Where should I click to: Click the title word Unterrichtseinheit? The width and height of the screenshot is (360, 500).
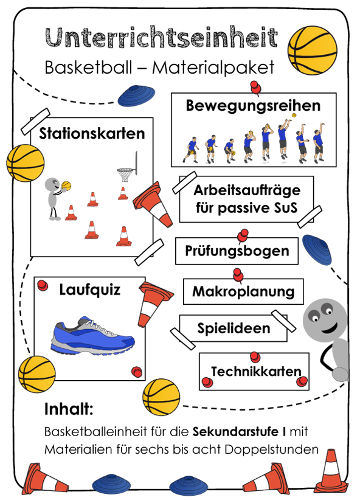(161, 38)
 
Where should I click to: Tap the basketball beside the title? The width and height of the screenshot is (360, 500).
(312, 50)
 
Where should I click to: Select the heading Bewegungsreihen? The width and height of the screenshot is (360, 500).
(253, 106)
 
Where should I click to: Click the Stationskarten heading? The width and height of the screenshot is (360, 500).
(92, 133)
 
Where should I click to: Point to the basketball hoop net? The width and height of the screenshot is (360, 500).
(123, 175)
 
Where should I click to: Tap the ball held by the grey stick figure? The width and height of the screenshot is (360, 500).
(66, 186)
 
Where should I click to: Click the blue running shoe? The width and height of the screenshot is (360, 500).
(92, 335)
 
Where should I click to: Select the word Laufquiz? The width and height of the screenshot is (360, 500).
(90, 290)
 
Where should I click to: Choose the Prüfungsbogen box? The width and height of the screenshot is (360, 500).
(237, 251)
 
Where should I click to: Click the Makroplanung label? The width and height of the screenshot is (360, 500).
(243, 291)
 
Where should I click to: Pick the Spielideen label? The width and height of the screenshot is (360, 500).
(234, 328)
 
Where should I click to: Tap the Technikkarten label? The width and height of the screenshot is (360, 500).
(256, 372)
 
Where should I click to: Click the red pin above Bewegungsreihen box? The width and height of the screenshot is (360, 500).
(256, 88)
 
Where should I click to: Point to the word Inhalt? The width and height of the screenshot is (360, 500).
(69, 409)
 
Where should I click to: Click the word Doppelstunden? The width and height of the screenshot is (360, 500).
(272, 450)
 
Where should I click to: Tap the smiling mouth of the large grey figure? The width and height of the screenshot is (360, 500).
(330, 327)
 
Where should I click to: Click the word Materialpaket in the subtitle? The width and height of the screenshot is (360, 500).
(213, 68)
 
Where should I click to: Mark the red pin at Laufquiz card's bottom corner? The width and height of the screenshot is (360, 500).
(137, 372)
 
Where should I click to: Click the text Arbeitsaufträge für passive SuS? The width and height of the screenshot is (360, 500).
(247, 199)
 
